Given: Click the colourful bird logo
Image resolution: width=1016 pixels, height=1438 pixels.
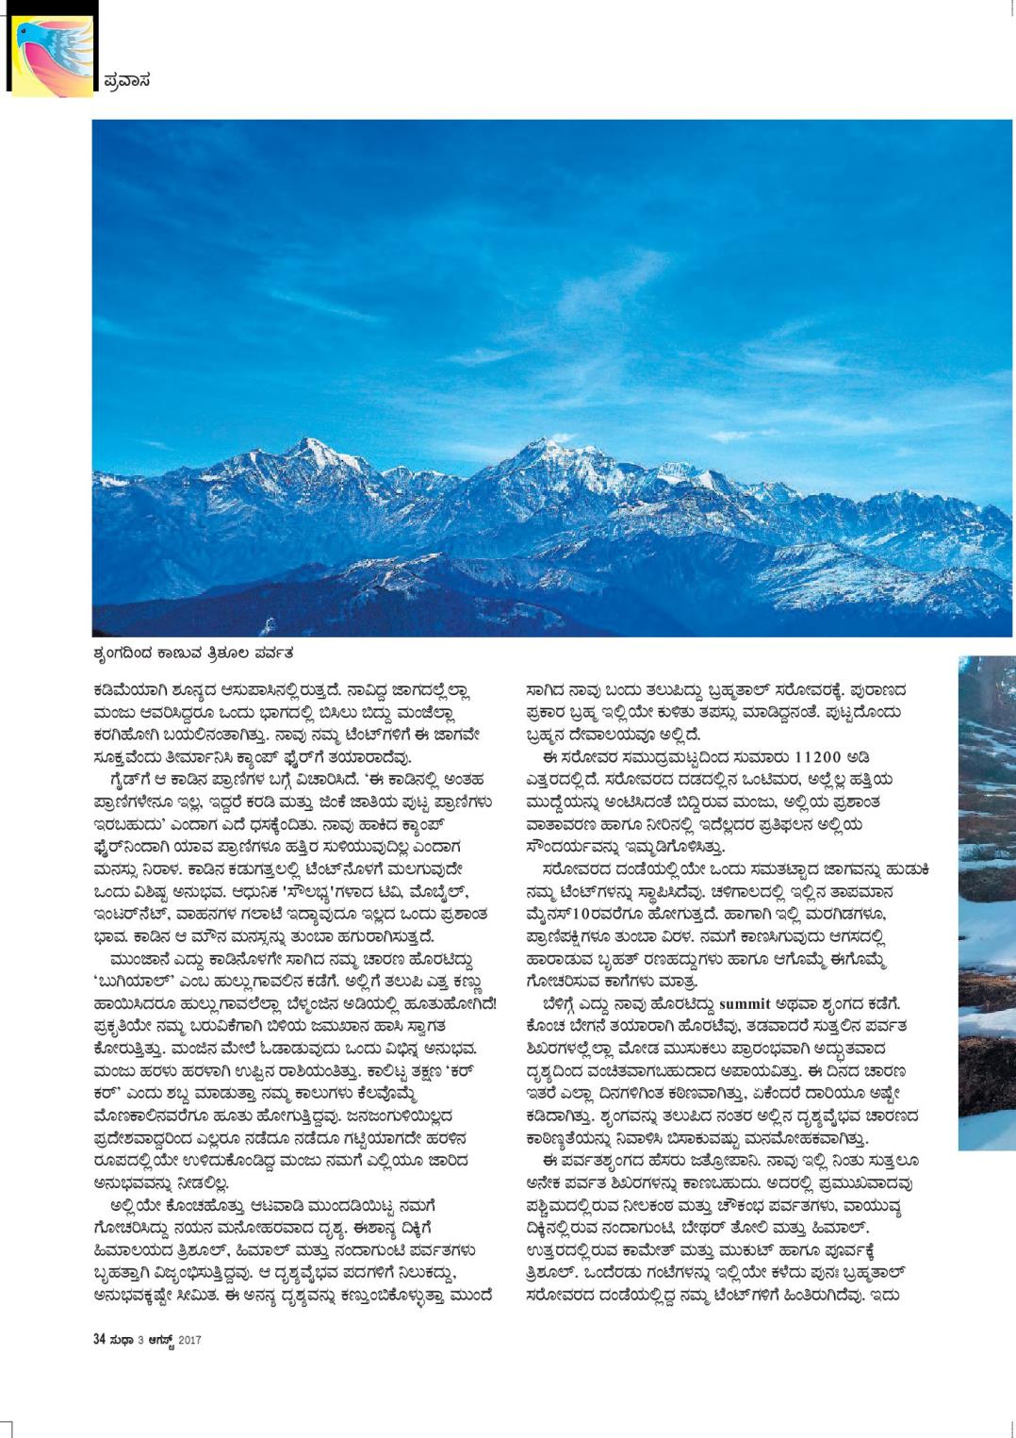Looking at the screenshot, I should (53, 55).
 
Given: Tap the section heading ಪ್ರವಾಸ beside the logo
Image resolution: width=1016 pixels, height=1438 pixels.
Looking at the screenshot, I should (125, 81).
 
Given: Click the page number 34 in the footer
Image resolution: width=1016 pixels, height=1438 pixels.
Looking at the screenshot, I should (99, 1339).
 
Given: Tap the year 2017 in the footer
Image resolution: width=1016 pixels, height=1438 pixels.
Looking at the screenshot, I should (189, 1340).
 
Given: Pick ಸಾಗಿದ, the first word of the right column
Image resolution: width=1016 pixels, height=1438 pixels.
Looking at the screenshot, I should (546, 690).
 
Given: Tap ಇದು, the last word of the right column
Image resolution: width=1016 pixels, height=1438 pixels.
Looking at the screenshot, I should (888, 1296).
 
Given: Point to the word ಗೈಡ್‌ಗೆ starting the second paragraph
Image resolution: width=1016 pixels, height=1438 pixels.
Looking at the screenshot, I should (131, 780).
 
